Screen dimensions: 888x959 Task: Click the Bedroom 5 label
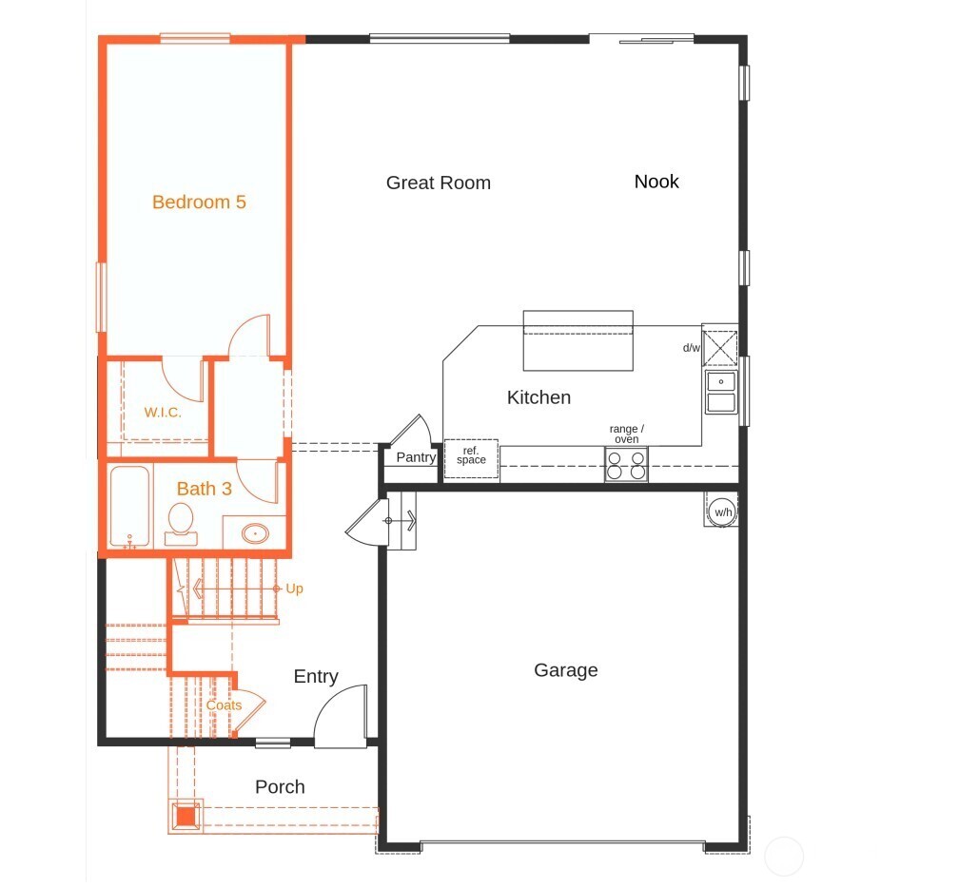coord(199,202)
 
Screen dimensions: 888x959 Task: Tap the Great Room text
coord(438,183)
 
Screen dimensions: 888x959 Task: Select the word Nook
coord(656,182)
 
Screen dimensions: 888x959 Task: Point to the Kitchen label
coord(538,397)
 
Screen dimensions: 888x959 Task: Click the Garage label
coord(565,670)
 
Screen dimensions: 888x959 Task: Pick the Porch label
coord(280,787)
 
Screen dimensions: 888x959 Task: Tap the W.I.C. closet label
coord(163,413)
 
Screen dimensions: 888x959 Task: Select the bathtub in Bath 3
coord(127,506)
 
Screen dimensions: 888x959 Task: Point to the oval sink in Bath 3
coord(256,532)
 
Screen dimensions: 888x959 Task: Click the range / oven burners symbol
coord(626,464)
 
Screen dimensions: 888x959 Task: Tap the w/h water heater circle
coord(723,512)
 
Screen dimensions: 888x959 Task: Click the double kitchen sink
coord(720,392)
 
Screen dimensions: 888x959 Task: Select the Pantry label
coord(416,457)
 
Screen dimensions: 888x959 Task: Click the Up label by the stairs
coord(295,589)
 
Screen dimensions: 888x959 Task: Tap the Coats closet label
coord(225,705)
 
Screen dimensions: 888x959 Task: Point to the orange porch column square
coord(186,815)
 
